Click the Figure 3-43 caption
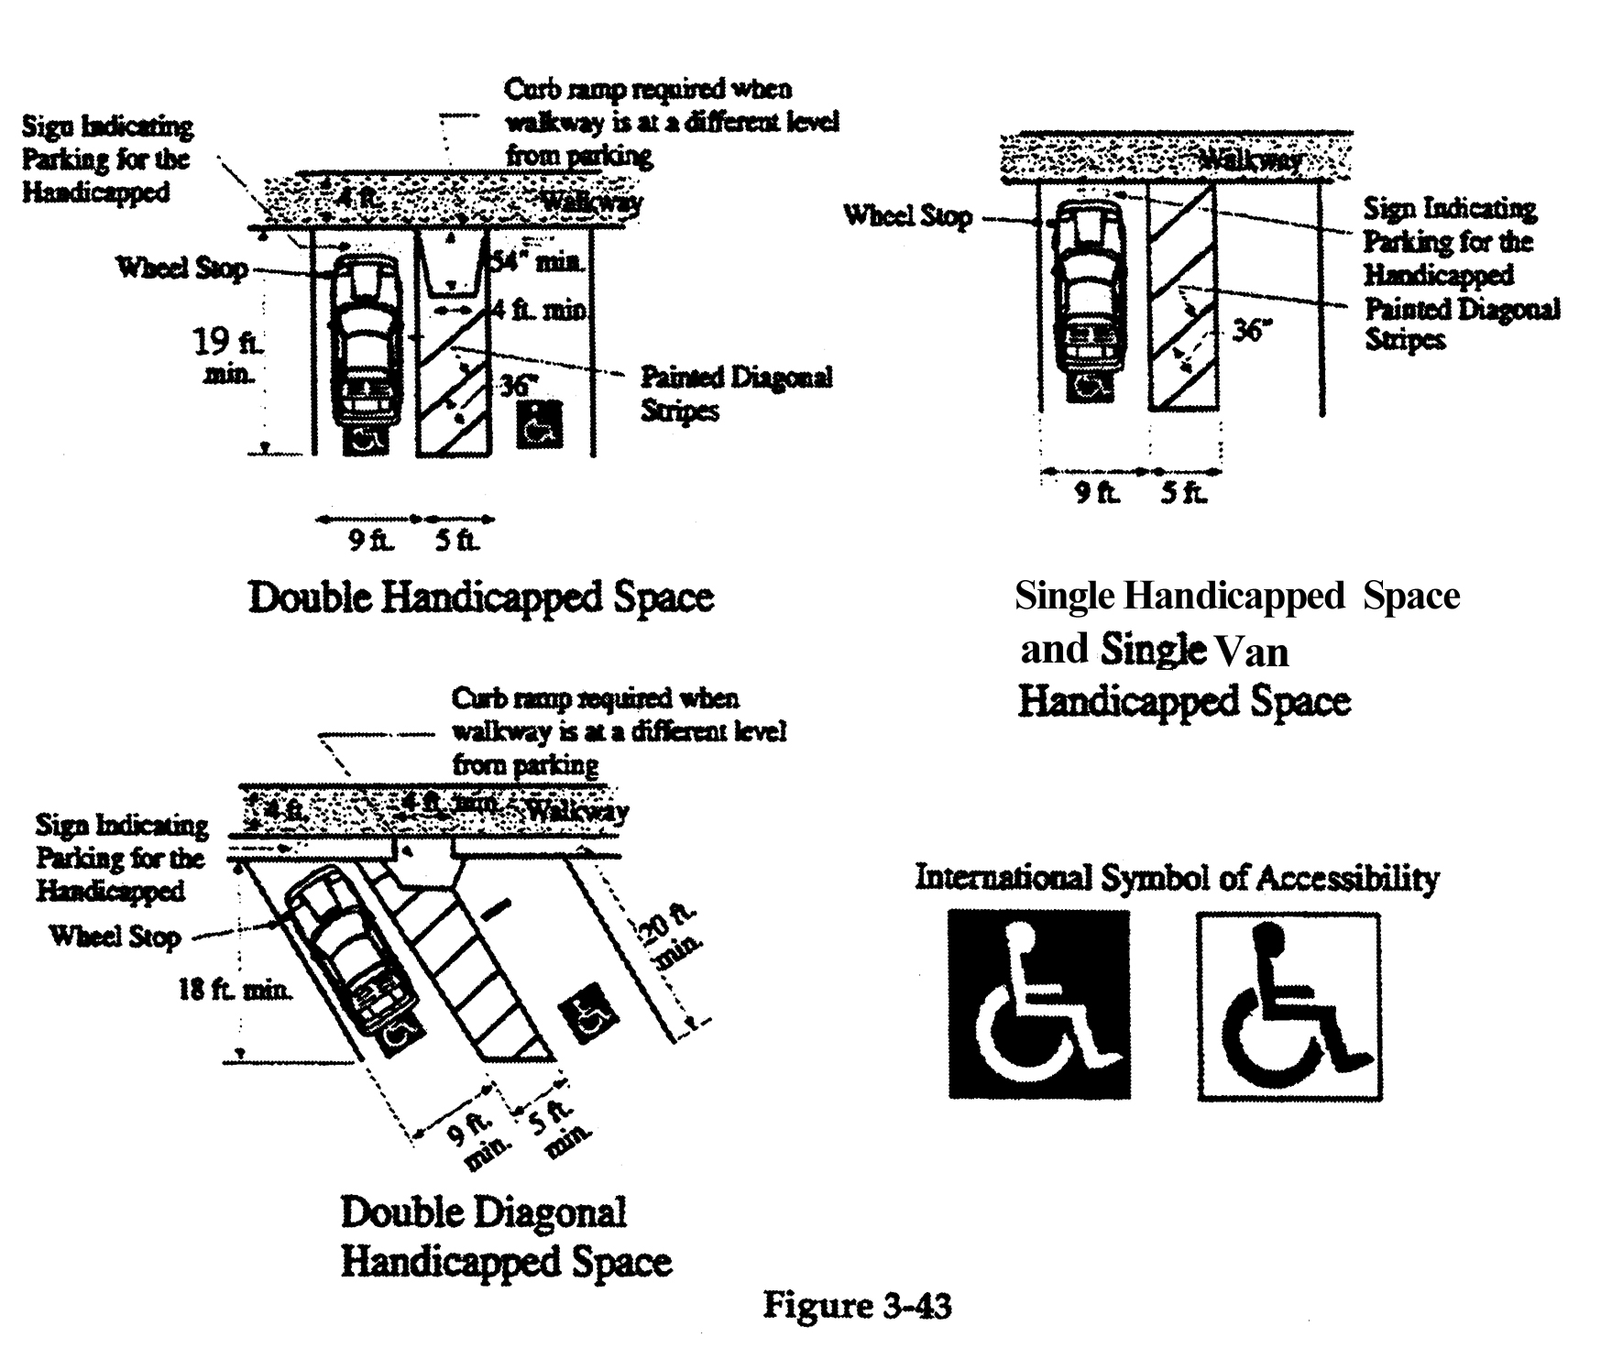(857, 1305)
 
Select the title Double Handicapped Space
(480, 597)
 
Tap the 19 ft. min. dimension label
(225, 356)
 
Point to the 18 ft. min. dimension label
(236, 990)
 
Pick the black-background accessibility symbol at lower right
(1038, 1003)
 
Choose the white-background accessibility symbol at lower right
(1288, 1005)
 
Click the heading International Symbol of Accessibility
(1177, 878)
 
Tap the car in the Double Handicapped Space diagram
(366, 344)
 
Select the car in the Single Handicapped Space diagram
(1088, 298)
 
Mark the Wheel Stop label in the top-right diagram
(906, 216)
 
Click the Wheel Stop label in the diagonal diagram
(115, 936)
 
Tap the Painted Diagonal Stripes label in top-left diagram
(735, 393)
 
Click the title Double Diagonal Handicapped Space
(506, 1236)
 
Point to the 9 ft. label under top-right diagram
(1096, 493)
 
